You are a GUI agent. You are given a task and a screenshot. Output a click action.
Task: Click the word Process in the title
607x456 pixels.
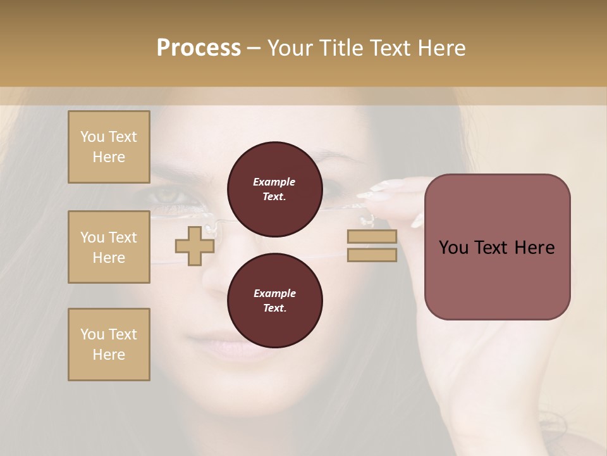click(x=199, y=47)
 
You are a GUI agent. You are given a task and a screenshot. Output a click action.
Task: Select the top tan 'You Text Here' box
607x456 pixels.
click(x=109, y=147)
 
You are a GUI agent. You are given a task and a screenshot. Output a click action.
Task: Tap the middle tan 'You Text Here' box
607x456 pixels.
click(x=109, y=247)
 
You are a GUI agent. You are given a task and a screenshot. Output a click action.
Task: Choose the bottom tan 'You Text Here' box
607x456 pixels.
click(x=109, y=345)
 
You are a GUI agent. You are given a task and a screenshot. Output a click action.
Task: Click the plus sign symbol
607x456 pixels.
click(x=194, y=246)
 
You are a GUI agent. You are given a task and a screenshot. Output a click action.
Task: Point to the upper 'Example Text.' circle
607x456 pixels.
click(x=274, y=189)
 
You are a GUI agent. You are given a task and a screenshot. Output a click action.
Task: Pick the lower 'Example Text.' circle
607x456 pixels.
click(x=274, y=301)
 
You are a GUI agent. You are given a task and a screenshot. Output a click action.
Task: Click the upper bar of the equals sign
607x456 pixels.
click(x=372, y=236)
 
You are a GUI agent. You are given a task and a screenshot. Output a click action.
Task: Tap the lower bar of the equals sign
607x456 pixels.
click(x=372, y=255)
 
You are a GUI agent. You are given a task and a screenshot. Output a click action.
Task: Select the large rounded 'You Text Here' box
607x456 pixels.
click(x=497, y=247)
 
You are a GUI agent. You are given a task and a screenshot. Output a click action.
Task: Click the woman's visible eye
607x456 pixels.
click(x=171, y=195)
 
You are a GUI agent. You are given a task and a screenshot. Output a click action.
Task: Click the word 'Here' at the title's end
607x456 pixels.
click(x=443, y=48)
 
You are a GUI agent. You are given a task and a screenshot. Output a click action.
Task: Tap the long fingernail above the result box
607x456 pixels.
click(x=386, y=186)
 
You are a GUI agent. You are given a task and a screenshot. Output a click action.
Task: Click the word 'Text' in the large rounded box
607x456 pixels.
click(x=496, y=248)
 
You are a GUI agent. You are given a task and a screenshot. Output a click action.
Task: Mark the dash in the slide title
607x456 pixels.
click(x=254, y=48)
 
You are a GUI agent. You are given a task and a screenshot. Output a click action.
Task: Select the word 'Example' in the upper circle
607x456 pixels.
click(x=274, y=182)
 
